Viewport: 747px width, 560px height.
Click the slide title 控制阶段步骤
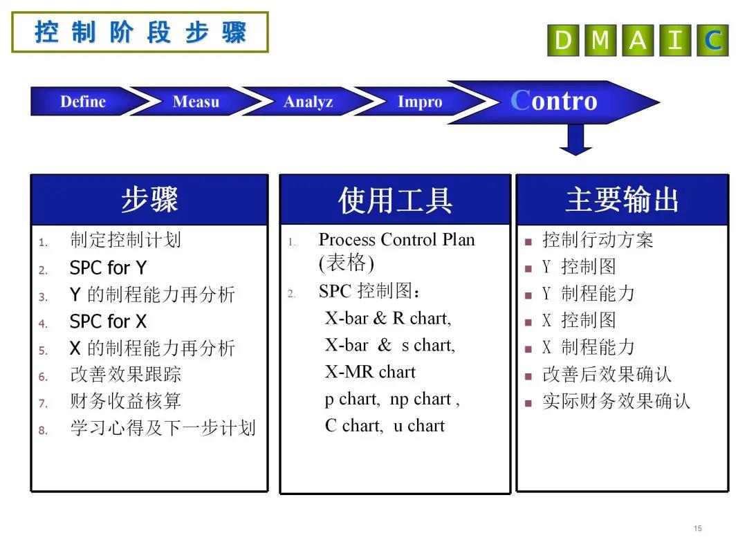140,32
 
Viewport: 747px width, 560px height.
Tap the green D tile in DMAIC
563,41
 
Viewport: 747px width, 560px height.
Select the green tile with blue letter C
712,41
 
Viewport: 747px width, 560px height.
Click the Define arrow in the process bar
83,102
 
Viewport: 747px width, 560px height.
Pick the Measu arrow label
196,102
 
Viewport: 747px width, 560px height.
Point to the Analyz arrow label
308,102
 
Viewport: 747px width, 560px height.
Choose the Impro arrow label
420,102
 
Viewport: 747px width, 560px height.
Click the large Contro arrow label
553,101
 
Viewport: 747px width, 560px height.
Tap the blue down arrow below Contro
575,140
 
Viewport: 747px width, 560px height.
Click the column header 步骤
149,200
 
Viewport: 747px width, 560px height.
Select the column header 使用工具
396,200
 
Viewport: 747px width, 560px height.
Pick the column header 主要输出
622,200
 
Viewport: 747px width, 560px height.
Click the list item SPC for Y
108,268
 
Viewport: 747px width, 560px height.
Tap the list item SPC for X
108,321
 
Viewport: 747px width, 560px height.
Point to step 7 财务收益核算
125,401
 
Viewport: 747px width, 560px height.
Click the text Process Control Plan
397,239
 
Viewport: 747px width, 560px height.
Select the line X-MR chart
370,372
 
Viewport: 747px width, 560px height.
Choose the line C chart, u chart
385,426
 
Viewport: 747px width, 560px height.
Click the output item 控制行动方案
598,239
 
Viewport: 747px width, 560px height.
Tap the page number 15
698,528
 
